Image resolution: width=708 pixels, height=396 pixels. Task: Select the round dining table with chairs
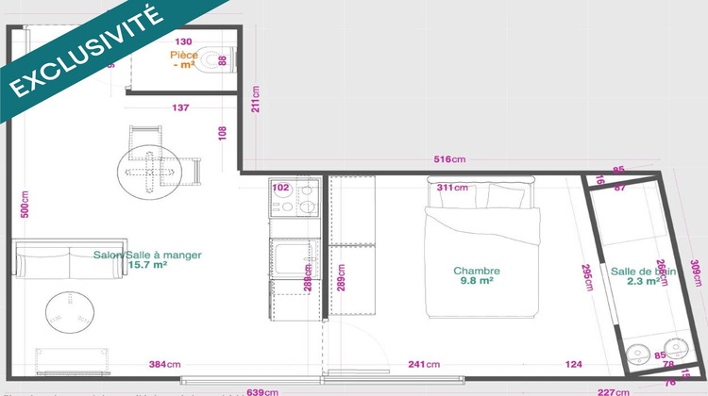click(148, 171)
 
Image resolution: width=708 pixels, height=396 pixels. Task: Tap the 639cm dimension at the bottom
click(261, 391)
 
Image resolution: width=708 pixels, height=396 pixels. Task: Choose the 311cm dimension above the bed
click(452, 188)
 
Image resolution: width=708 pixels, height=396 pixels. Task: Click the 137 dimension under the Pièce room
click(181, 107)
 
